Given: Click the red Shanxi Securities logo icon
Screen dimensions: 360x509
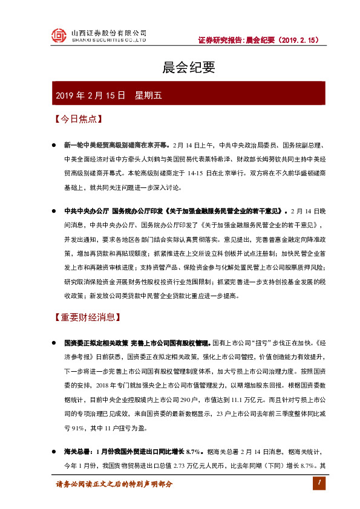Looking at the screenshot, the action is coord(59,36).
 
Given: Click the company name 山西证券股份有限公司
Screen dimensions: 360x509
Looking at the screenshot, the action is coord(108,33).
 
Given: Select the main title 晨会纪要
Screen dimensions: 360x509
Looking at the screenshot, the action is coord(180,68).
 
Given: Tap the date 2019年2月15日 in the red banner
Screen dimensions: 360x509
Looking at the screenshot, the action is coord(90,96).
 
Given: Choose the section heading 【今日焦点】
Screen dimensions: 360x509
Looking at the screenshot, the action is coord(75,119).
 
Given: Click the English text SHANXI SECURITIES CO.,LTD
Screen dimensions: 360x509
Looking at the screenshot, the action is coord(109,41).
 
